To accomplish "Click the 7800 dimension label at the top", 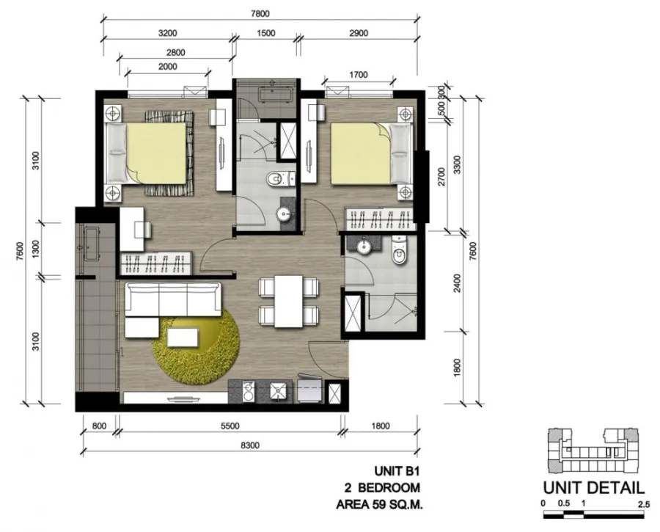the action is (x=260, y=13).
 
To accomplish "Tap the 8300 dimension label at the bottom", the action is (x=250, y=445).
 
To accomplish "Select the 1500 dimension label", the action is (x=266, y=33).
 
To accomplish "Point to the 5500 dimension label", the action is (x=230, y=426).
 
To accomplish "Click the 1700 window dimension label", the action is (x=358, y=75).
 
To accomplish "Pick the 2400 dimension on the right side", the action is (x=458, y=283).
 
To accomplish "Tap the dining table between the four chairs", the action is (x=289, y=301).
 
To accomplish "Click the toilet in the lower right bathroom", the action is (x=399, y=250).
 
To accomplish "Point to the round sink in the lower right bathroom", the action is (x=363, y=246).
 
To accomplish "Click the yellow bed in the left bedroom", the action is (x=155, y=153).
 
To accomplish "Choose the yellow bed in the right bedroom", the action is (x=361, y=153).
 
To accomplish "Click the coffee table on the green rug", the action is (x=183, y=337).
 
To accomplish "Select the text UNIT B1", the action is (x=397, y=470).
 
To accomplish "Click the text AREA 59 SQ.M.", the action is (x=379, y=504).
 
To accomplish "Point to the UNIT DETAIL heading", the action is (x=593, y=488).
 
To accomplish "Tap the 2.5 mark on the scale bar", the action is (x=644, y=504).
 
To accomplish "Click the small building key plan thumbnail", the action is (x=593, y=451).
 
